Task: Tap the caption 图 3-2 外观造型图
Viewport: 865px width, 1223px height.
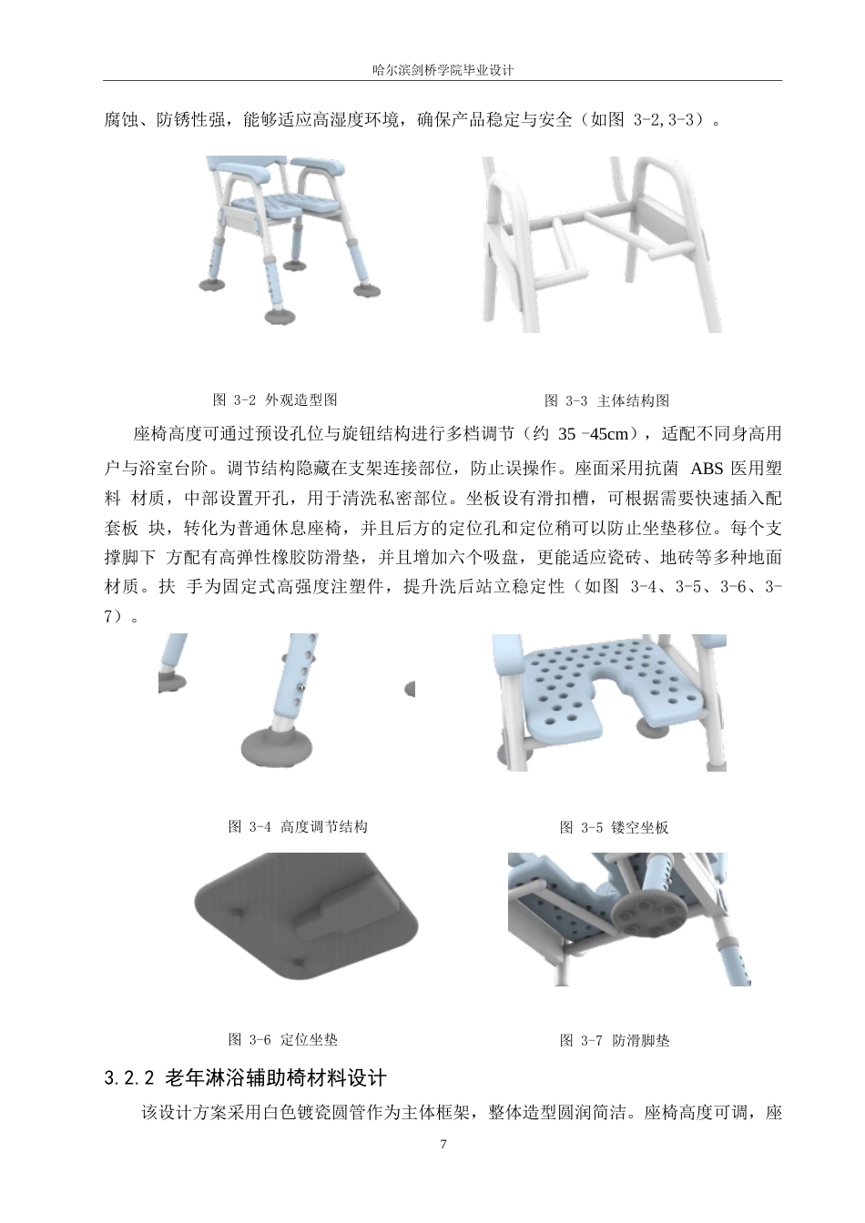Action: [x=275, y=399]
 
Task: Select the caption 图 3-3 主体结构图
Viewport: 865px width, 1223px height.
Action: [x=607, y=400]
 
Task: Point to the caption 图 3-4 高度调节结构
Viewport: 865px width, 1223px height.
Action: [x=298, y=827]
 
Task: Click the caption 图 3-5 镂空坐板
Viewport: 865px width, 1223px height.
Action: [x=615, y=828]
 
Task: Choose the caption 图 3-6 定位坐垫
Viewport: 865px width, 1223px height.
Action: [x=282, y=1039]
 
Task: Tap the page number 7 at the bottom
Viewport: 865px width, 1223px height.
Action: [x=443, y=1144]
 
